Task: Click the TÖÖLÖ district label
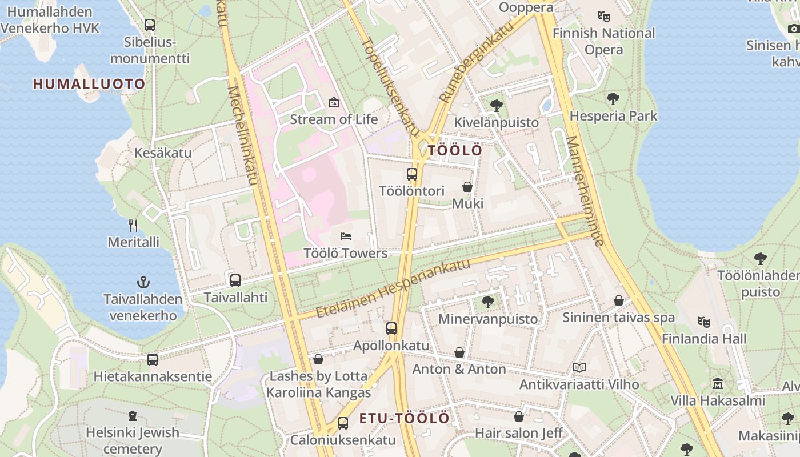click(x=455, y=150)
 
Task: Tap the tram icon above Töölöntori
click(x=411, y=174)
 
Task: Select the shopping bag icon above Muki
click(x=467, y=187)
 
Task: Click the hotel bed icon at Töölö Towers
click(x=346, y=236)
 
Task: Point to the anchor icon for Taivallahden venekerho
click(x=143, y=282)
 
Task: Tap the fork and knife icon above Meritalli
click(x=133, y=225)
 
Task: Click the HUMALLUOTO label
click(x=89, y=84)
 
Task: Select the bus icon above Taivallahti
click(x=235, y=280)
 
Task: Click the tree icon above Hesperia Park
click(x=613, y=99)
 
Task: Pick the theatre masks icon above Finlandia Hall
click(x=704, y=322)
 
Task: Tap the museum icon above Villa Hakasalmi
click(x=718, y=383)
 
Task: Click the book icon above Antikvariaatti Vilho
click(x=579, y=367)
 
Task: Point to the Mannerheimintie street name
click(x=585, y=190)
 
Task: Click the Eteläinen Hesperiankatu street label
click(x=393, y=288)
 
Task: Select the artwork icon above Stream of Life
click(x=334, y=102)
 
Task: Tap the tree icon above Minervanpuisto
click(x=487, y=302)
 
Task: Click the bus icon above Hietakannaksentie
click(x=152, y=360)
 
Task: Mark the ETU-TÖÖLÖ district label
click(x=404, y=418)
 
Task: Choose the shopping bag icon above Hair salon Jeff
click(x=519, y=416)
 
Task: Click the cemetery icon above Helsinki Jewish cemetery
click(x=133, y=415)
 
